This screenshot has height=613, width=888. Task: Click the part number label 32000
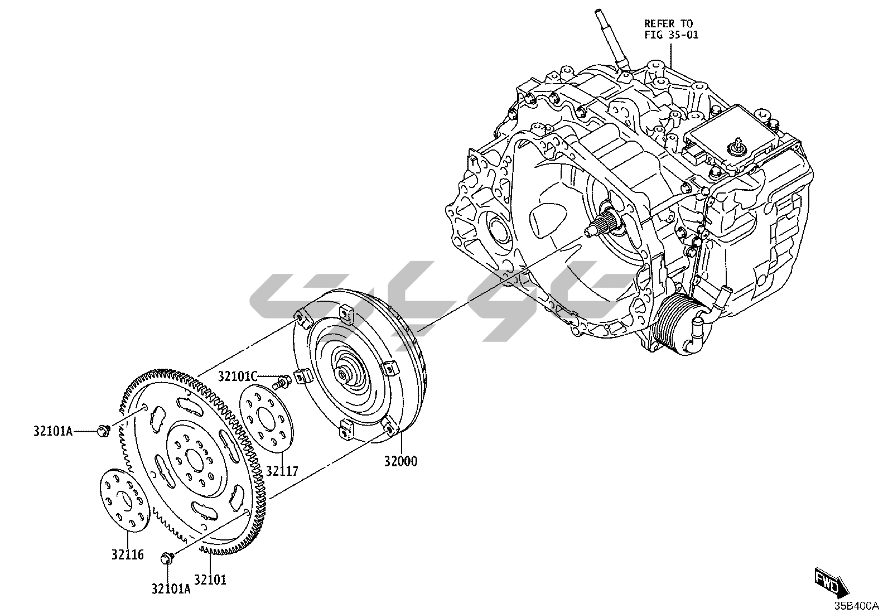coord(400,462)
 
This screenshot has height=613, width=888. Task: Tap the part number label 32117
coord(282,471)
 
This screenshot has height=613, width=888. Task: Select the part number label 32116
coord(127,554)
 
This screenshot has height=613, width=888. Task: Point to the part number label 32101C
coord(237,377)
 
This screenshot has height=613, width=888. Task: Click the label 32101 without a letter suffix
coord(210,580)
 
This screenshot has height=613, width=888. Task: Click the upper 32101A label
coord(52,431)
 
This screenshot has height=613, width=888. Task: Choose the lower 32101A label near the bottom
coord(170,588)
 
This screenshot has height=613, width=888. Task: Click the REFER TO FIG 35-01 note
coord(668,29)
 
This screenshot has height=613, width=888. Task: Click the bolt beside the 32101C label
coord(281,382)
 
